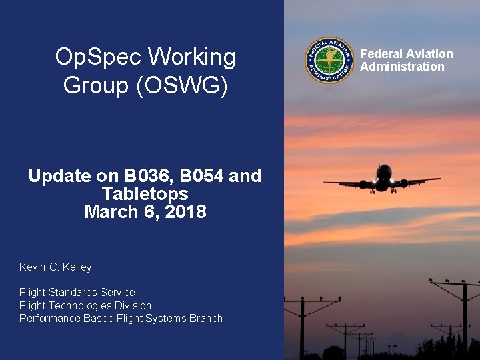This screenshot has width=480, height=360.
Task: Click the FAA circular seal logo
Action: tap(329, 60)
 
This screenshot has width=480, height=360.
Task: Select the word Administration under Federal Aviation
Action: tap(402, 67)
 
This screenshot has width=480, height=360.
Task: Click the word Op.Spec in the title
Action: tap(97, 58)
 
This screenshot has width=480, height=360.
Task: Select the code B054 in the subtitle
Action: tap(202, 176)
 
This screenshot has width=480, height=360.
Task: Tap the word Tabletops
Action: tap(145, 194)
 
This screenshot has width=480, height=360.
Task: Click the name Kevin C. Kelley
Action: tap(55, 267)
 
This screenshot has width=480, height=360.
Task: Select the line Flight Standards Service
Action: tap(77, 293)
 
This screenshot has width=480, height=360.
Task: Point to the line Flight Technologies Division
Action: tap(85, 305)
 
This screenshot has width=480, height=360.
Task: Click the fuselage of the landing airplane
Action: tap(384, 179)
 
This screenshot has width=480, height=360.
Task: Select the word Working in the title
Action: tap(191, 58)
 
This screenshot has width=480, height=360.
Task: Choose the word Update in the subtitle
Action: tap(59, 176)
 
